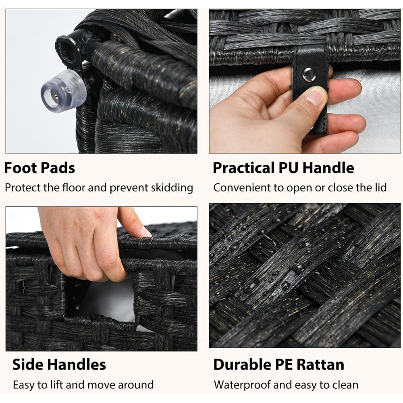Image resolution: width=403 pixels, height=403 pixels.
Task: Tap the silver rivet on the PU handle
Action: [x=309, y=75]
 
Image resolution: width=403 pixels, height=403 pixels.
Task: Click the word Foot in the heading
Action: [x=20, y=168]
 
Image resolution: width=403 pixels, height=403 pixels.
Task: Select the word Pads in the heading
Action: [x=58, y=168]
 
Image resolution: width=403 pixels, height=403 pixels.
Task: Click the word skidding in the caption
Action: [x=172, y=188]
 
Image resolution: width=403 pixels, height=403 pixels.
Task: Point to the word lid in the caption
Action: [x=381, y=187]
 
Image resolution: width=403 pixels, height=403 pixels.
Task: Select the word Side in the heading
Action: [x=28, y=364]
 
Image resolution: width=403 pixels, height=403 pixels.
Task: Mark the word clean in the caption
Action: [x=345, y=385]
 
